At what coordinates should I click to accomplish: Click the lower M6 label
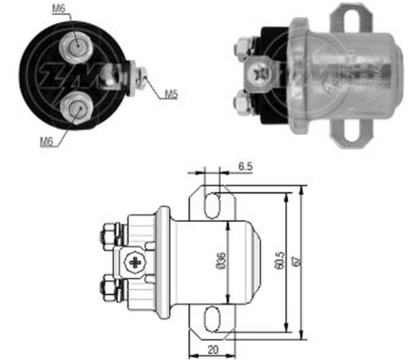point(47,141)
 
